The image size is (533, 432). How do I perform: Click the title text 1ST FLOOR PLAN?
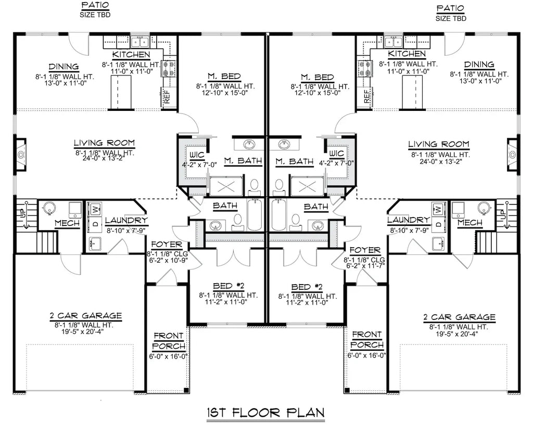[x=266, y=412]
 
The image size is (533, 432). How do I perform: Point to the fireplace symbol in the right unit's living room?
[x=513, y=155]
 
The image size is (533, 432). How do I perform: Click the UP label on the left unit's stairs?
[x=22, y=213]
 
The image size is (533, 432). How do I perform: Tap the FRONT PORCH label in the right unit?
[x=367, y=339]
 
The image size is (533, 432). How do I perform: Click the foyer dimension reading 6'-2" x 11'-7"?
[x=364, y=266]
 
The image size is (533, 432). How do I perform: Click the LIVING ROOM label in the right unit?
[x=438, y=144]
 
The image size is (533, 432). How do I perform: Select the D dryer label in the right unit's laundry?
[x=438, y=224]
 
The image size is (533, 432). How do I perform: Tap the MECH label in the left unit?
[x=67, y=223]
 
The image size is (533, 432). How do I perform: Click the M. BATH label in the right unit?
[x=295, y=161]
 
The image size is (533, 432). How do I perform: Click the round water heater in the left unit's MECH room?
[x=51, y=208]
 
